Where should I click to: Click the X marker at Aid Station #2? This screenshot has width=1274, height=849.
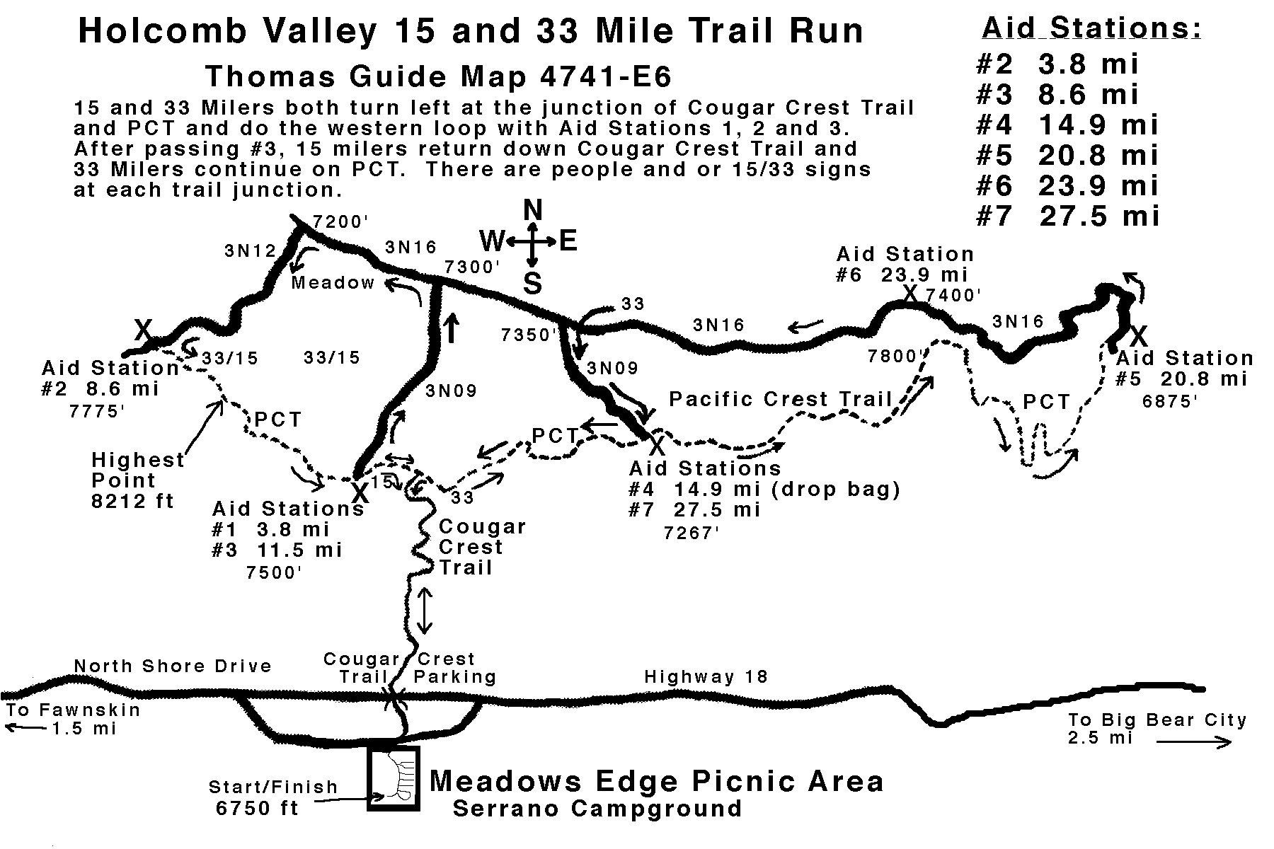(144, 329)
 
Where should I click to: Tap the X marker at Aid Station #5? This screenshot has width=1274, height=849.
(1138, 334)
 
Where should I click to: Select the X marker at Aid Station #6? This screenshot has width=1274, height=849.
(911, 293)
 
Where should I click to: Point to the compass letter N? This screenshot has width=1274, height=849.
(532, 211)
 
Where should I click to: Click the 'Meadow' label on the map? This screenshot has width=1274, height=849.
(333, 283)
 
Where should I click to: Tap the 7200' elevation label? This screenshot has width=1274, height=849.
(340, 222)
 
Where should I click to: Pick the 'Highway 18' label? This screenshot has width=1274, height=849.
(706, 677)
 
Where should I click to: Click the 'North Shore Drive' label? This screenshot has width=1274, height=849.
(173, 666)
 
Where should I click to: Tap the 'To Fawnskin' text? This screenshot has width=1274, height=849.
(73, 710)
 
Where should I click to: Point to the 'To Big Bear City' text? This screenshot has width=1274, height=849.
(1157, 720)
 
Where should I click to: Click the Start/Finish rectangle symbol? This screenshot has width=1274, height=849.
(393, 778)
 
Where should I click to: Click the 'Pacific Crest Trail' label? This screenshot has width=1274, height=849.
(781, 399)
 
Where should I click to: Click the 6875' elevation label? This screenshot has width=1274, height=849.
(1169, 401)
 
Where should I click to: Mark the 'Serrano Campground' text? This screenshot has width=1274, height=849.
(597, 808)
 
